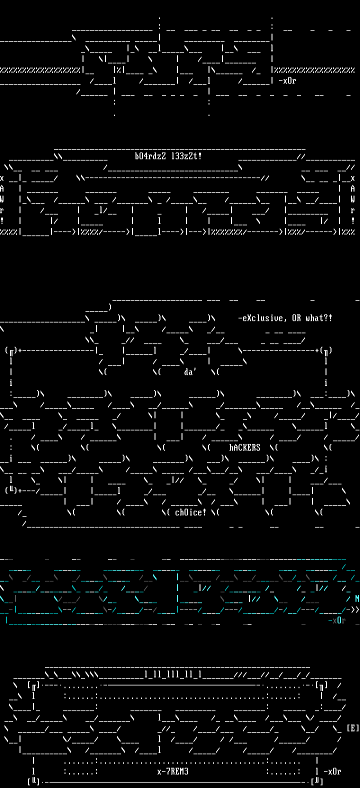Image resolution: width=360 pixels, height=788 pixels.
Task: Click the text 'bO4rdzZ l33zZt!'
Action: coord(168,156)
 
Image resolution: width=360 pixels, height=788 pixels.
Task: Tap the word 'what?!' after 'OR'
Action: coord(321,318)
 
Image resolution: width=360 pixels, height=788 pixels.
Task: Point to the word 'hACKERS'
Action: coord(244,447)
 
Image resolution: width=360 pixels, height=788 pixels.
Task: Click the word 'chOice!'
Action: coord(190,512)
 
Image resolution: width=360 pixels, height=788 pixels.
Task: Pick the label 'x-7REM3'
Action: coord(172,771)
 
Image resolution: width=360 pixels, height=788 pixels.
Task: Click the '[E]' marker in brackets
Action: coord(352,728)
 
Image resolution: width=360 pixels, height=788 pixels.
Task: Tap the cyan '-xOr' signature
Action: coord(336,620)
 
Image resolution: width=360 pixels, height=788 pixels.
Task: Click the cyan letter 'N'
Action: coord(357,598)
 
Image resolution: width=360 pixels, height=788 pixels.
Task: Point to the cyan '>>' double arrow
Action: coord(354,609)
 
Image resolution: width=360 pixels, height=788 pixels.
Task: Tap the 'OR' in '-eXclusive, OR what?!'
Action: coord(296,318)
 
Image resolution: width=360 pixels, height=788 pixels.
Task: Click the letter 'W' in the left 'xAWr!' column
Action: coord(2,199)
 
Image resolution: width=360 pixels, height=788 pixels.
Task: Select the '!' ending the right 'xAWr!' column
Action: coord(352,220)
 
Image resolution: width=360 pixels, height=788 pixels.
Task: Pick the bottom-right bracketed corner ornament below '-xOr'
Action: coord(316,781)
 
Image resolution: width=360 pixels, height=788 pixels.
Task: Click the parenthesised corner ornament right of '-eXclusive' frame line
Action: coord(326,350)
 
